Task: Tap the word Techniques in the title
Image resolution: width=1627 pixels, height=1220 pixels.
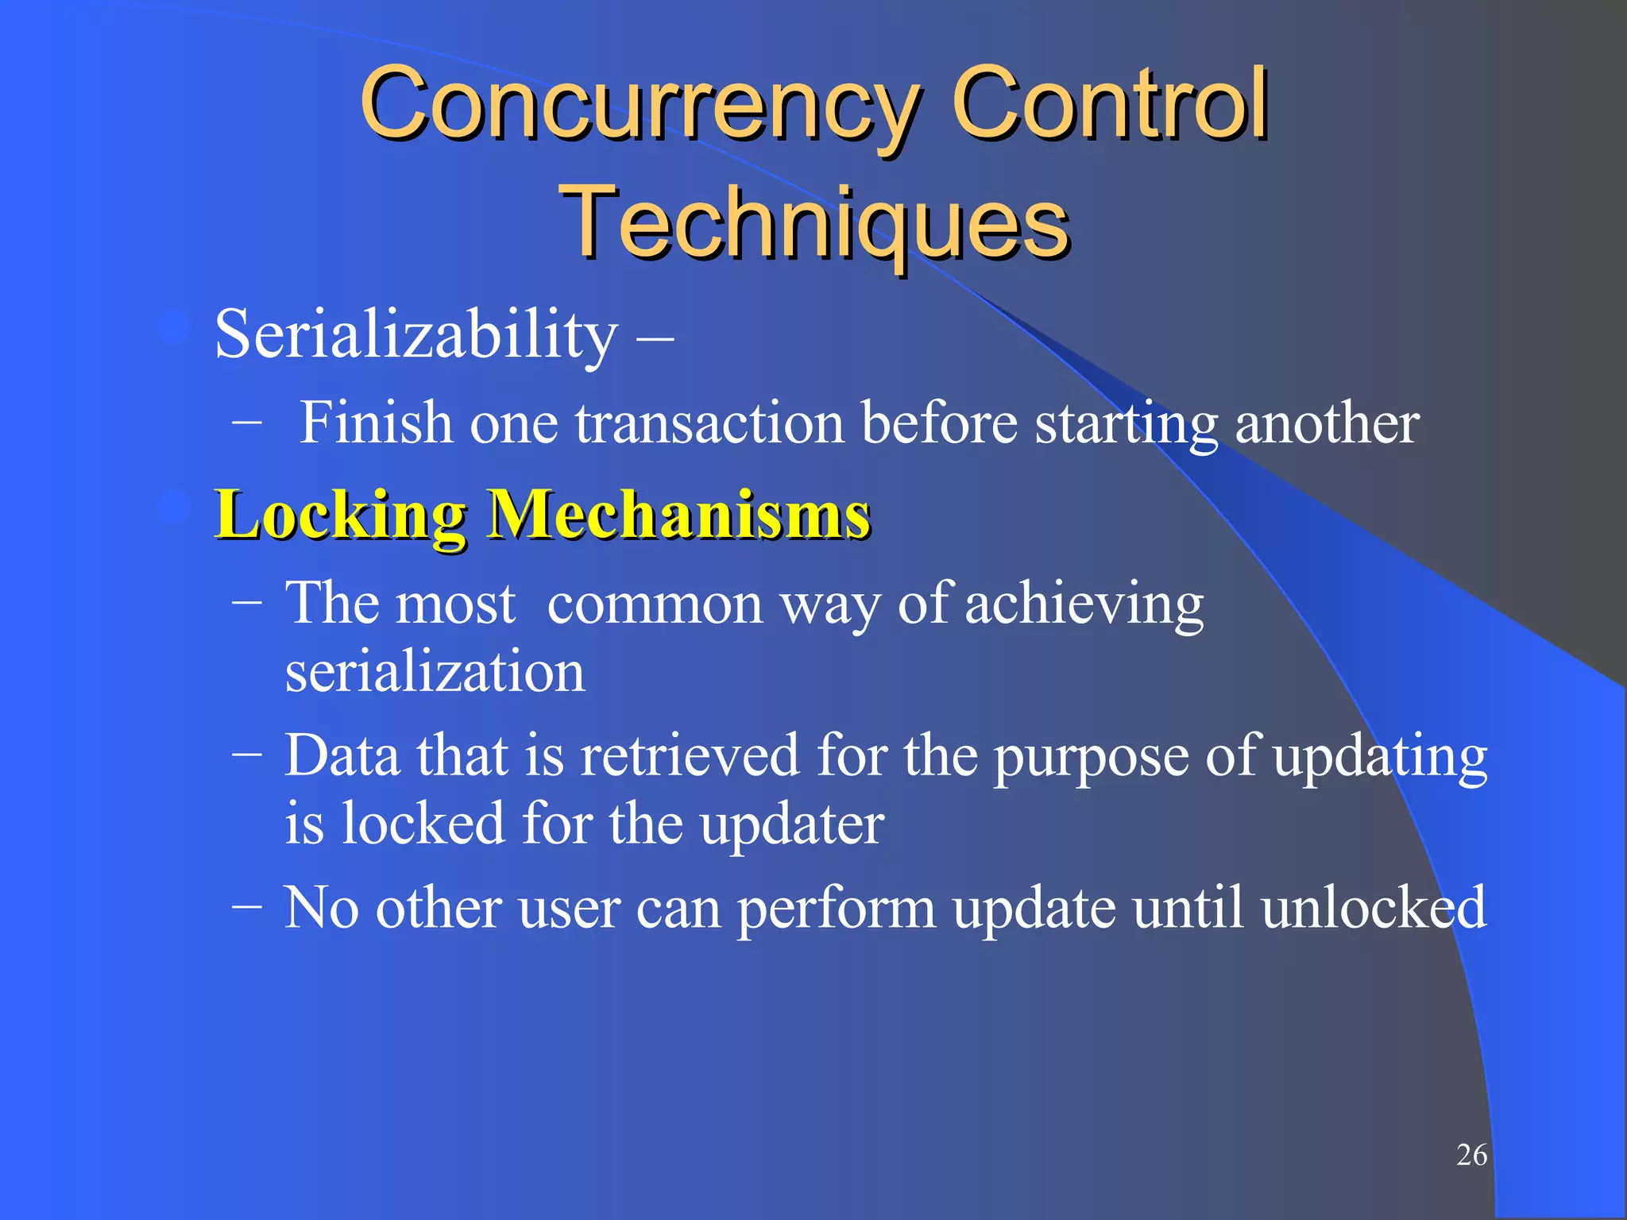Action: pyautogui.click(x=814, y=222)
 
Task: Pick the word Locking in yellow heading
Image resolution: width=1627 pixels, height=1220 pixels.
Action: pyautogui.click(x=341, y=515)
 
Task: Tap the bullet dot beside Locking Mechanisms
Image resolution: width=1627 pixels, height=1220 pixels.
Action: pyautogui.click(x=173, y=508)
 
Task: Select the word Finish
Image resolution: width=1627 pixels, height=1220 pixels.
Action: pyautogui.click(x=375, y=422)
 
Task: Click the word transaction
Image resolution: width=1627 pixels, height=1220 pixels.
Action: pyautogui.click(x=709, y=423)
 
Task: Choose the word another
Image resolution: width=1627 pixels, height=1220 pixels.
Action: pyautogui.click(x=1327, y=423)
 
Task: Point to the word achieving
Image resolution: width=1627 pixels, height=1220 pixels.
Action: pyautogui.click(x=1084, y=604)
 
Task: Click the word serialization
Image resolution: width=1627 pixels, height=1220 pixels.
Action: pyautogui.click(x=435, y=672)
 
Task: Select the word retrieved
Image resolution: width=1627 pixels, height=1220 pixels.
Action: pyautogui.click(x=690, y=755)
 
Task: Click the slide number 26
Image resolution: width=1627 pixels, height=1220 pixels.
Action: pyautogui.click(x=1471, y=1155)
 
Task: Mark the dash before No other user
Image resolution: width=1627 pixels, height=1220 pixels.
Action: pyautogui.click(x=247, y=906)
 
